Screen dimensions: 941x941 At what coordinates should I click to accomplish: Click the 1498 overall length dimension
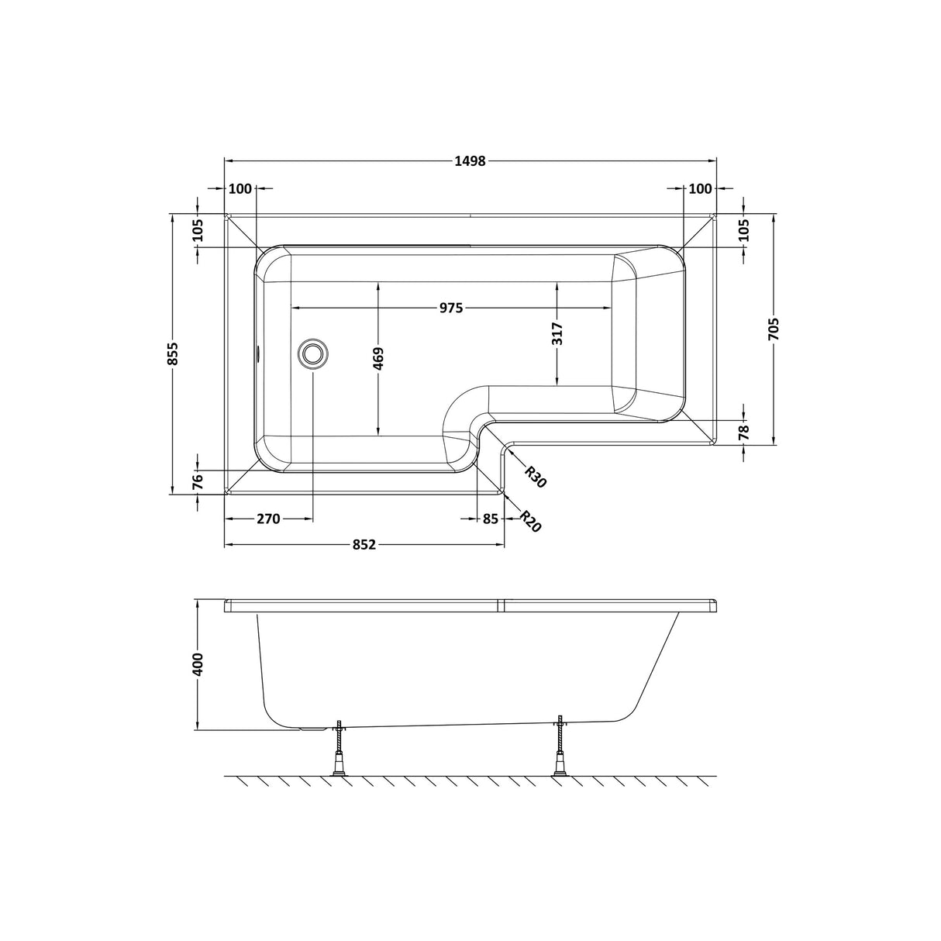coord(470,161)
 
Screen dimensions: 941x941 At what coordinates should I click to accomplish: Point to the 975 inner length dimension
coord(451,308)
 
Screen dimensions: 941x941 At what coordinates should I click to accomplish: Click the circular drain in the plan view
coord(312,353)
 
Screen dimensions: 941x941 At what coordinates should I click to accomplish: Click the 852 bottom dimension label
coord(364,545)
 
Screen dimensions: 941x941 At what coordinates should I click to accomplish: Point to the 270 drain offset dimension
coord(267,519)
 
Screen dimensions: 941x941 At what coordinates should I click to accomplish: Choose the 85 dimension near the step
coord(490,519)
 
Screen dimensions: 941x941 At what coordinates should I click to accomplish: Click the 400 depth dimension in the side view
coord(198,665)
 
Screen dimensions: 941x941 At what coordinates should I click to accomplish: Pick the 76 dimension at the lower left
coord(198,481)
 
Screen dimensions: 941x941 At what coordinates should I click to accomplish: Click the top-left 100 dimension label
coord(241,188)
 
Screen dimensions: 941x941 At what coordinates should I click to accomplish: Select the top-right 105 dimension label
coord(743,231)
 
